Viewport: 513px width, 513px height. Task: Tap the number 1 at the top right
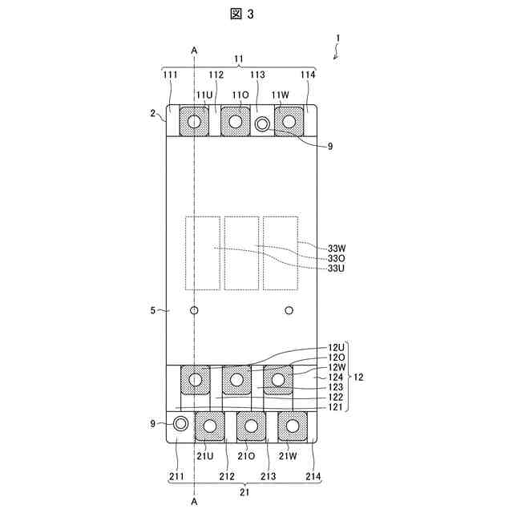pyautogui.click(x=339, y=38)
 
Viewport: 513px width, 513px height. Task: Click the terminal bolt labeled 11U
pyautogui.click(x=194, y=122)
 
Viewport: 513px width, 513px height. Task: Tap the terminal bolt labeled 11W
pyautogui.click(x=289, y=122)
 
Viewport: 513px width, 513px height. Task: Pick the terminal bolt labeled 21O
pyautogui.click(x=252, y=425)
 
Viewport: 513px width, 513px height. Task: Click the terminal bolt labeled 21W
pyautogui.click(x=293, y=425)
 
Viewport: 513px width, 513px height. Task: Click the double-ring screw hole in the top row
pyautogui.click(x=263, y=124)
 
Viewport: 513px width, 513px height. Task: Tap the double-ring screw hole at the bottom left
pyautogui.click(x=181, y=422)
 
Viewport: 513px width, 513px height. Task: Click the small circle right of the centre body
pyautogui.click(x=290, y=310)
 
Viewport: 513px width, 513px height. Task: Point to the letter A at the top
pyautogui.click(x=195, y=50)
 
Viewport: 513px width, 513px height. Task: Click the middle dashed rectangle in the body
pyautogui.click(x=241, y=252)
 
